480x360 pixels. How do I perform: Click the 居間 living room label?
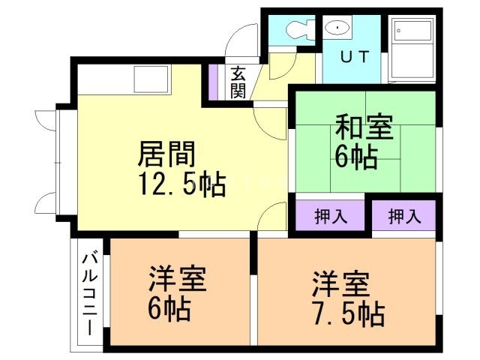tap(166, 154)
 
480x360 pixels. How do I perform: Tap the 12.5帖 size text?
tap(181, 184)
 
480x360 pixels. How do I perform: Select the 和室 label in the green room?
tap(363, 127)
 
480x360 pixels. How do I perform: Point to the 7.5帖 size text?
tap(348, 313)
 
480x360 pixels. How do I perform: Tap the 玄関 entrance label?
tap(238, 82)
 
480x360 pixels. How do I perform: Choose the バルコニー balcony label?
tap(88, 293)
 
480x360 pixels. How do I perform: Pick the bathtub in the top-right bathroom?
tap(413, 49)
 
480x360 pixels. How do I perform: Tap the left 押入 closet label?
tap(330, 217)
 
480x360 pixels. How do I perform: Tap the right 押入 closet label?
tap(404, 217)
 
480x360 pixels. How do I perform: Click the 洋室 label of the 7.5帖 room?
tap(340, 285)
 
